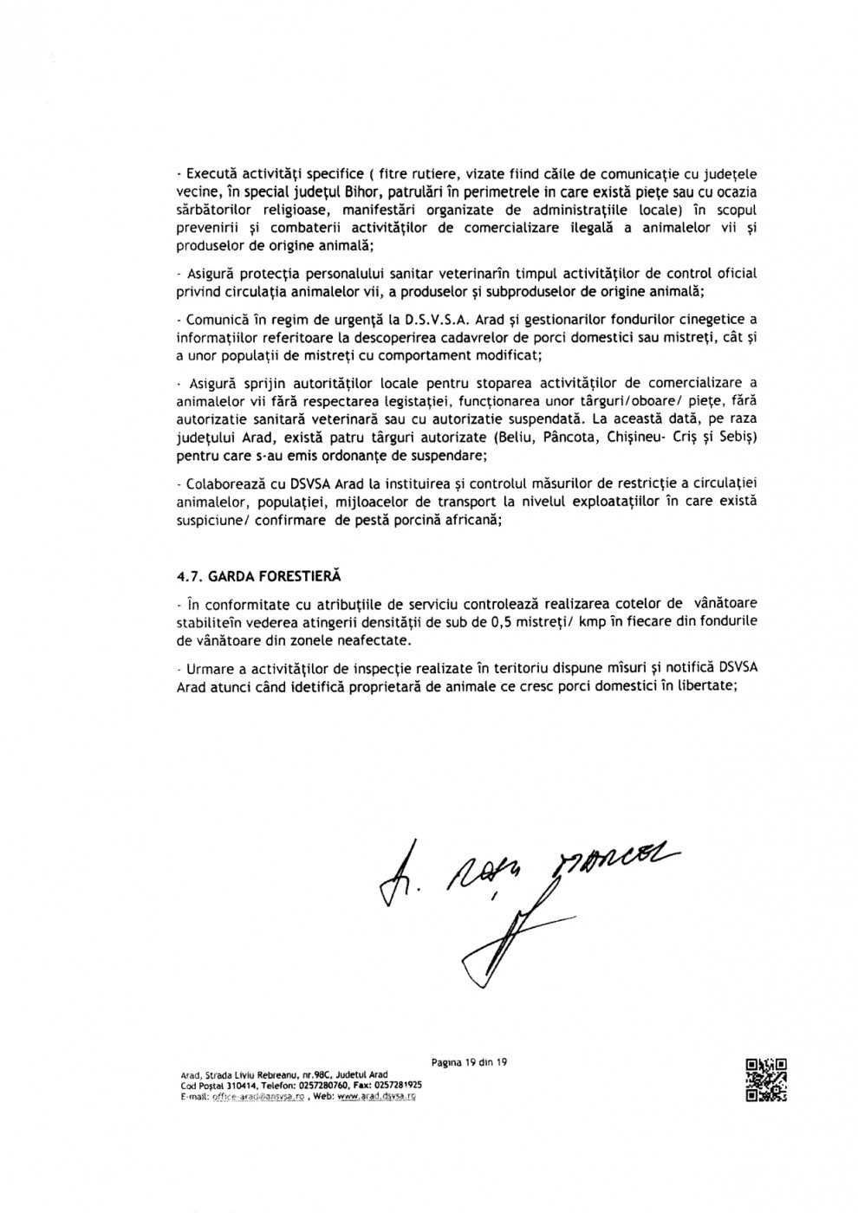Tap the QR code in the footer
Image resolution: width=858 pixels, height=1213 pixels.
click(765, 1080)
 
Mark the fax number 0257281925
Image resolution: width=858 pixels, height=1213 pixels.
click(395, 1085)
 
